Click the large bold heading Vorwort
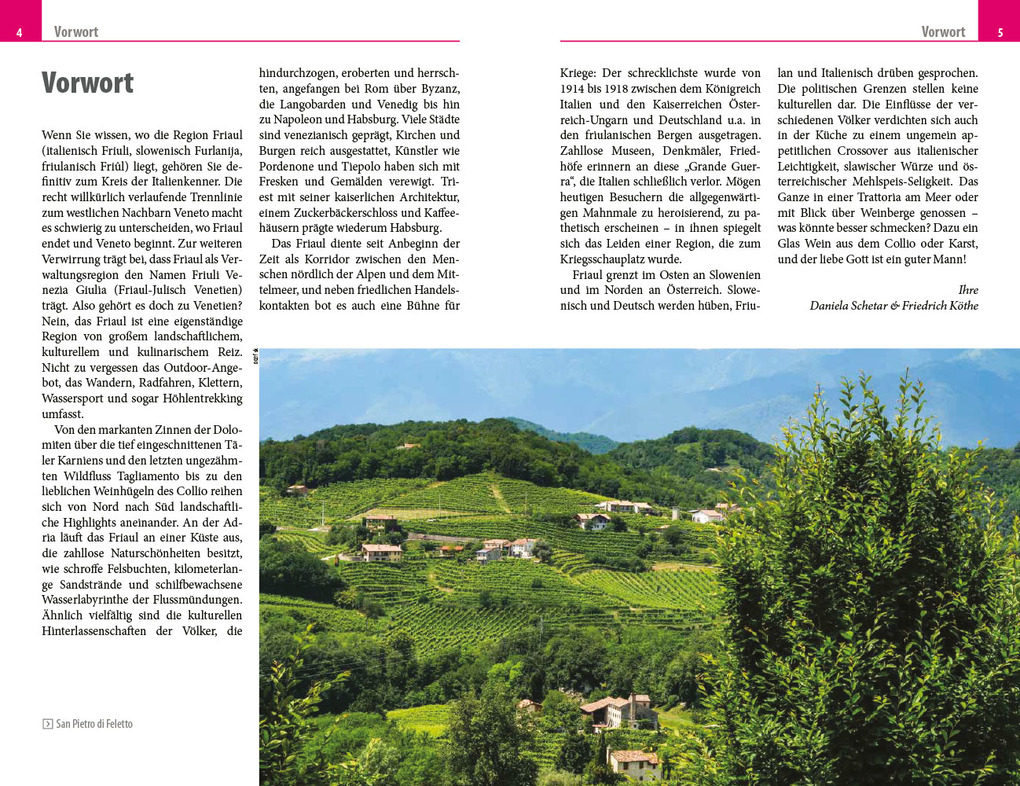point(87,83)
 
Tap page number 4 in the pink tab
point(20,32)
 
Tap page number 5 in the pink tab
point(999,32)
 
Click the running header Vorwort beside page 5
point(943,32)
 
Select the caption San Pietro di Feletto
point(94,724)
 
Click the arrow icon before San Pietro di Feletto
point(48,724)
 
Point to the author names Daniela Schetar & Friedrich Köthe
point(894,305)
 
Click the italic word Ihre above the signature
point(968,289)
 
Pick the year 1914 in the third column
point(575,88)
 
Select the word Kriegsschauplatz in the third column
point(607,259)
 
